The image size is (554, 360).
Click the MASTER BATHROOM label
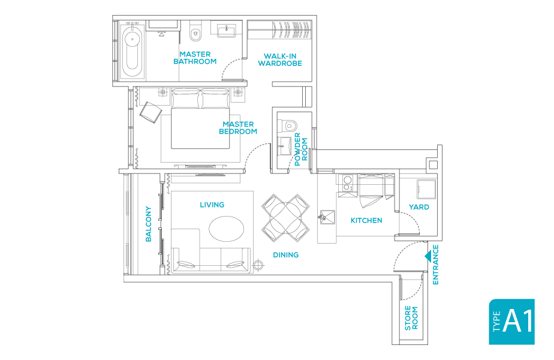pos(195,58)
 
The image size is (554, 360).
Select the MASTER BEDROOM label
pos(238,128)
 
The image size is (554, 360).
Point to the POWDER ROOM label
pos(301,149)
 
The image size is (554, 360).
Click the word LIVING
pos(212,205)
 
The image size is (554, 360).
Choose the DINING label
pos(285,255)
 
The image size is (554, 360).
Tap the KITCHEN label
pos(366,220)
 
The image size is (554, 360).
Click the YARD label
pos(418,207)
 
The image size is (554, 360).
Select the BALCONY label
pos(148,224)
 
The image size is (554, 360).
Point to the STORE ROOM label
pos(411,318)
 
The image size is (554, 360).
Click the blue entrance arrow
pos(428,257)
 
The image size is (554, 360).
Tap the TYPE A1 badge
pos(511,322)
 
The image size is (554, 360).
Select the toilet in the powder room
pos(290,125)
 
